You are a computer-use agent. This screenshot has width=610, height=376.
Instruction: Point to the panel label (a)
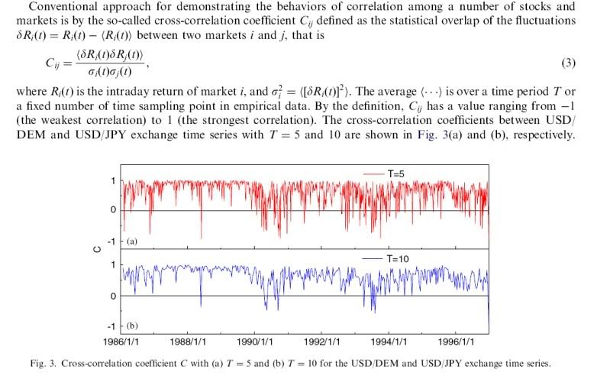point(131,241)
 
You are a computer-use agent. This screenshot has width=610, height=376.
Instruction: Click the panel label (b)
point(131,326)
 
